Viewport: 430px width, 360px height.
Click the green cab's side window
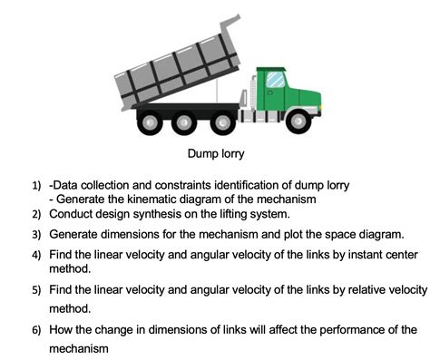(x=275, y=80)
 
